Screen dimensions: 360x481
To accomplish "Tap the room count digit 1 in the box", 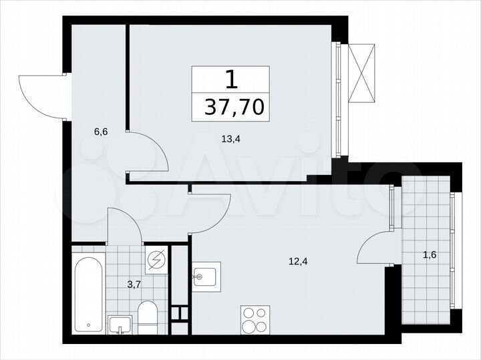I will (x=230, y=80).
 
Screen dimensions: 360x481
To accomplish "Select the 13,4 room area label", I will (x=231, y=139).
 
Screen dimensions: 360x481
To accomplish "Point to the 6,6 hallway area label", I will (x=101, y=132).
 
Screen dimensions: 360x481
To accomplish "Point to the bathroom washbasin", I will (x=122, y=325).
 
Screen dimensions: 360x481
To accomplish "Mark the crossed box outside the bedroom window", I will (x=363, y=73).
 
